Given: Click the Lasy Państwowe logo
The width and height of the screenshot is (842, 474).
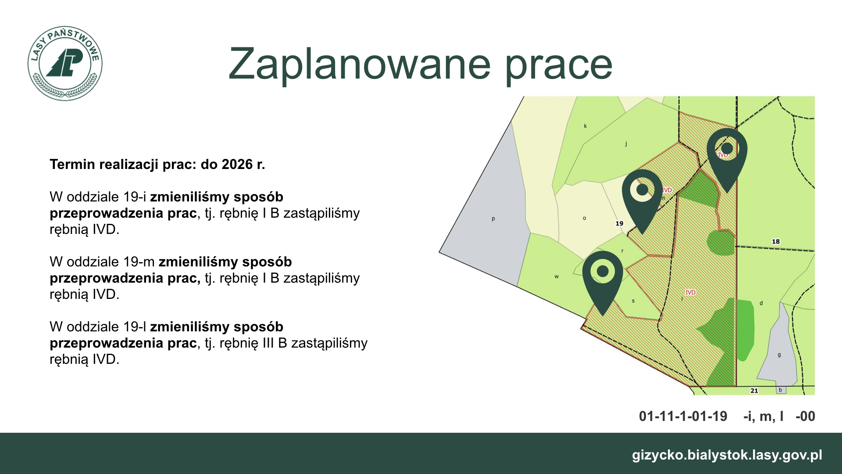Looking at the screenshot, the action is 65,63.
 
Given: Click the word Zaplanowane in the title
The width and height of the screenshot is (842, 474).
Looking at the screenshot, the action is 359,64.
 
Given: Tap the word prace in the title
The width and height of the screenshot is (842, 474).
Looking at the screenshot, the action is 559,68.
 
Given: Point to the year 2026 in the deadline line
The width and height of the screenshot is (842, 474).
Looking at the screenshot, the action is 237,164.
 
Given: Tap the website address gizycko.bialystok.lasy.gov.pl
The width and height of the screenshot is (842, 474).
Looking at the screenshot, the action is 727,455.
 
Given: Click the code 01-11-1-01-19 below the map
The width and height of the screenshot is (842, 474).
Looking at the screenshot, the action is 683,416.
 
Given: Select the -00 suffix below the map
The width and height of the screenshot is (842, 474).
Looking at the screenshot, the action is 806,416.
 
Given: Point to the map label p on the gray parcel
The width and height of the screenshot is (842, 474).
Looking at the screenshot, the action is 493,219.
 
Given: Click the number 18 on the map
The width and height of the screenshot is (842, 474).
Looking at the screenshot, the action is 776,241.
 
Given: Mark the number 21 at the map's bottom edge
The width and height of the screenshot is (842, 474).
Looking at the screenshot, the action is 754,391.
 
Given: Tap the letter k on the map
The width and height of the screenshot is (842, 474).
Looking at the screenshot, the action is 585,126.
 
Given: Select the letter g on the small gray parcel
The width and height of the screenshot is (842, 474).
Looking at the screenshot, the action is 779,355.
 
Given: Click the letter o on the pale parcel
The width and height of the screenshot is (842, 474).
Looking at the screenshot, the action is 585,218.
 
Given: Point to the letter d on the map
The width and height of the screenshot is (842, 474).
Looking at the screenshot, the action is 761,303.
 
